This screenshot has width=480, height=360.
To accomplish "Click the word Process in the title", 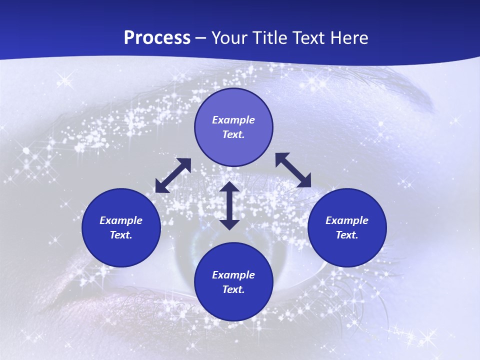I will click(x=157, y=38).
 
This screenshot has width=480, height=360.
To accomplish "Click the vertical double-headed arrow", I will click(x=229, y=205).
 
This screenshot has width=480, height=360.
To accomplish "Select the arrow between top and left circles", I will click(x=173, y=175).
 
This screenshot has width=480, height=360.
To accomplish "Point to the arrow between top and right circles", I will click(x=293, y=170).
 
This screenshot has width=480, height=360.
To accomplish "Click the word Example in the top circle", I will click(x=233, y=120).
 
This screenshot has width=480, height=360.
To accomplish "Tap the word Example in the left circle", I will click(x=121, y=220).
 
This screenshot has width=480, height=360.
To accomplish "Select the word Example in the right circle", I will click(x=347, y=220).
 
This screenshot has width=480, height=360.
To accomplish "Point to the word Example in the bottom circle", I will click(x=233, y=275).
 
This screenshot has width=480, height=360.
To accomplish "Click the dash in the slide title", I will click(x=201, y=38).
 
